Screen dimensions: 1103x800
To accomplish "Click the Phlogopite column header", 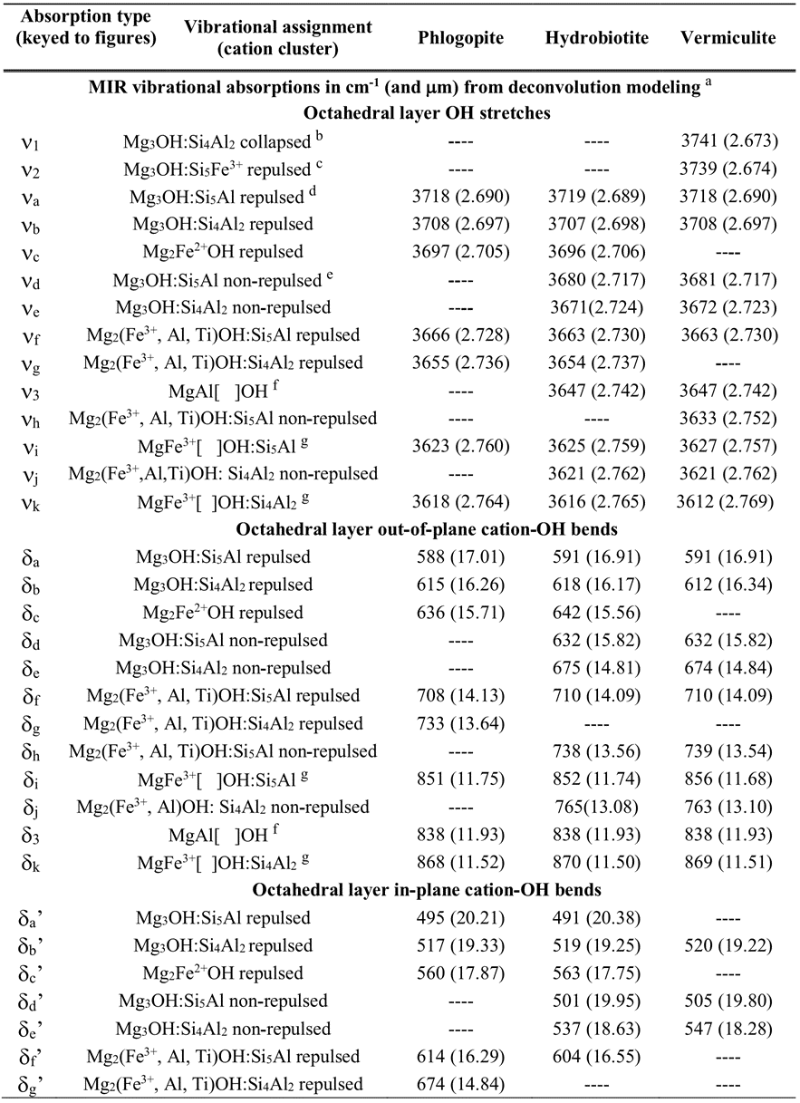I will point(461,38).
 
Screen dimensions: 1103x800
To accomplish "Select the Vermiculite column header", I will point(730,38).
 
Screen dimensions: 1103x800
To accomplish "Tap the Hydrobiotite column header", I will point(593,38).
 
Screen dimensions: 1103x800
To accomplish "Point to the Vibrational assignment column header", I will point(277,38).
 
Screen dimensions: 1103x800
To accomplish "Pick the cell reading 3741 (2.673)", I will point(730,143).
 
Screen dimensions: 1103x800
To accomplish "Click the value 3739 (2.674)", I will point(730,169).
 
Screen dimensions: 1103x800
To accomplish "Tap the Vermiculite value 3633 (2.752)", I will point(730,419).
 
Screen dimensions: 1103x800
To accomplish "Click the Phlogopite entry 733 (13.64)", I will point(461,723).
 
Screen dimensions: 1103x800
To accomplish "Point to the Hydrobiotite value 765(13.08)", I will point(593,807).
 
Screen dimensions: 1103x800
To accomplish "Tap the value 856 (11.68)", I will point(730,779).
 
